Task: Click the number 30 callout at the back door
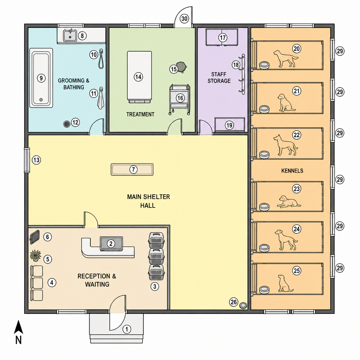(x=184, y=18)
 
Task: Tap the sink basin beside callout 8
(x=70, y=36)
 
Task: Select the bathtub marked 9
(x=41, y=78)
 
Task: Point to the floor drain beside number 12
(x=67, y=124)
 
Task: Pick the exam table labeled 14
(x=139, y=77)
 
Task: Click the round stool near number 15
(x=181, y=66)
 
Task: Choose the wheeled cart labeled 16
(x=180, y=99)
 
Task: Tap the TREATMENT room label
(x=140, y=114)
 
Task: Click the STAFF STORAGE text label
(x=219, y=78)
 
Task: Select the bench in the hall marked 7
(x=132, y=169)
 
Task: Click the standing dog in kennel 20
(x=285, y=59)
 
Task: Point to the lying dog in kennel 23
(x=289, y=201)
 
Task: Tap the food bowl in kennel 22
(x=264, y=155)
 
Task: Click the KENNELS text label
(x=292, y=171)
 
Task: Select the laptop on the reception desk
(x=111, y=243)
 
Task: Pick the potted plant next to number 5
(x=36, y=256)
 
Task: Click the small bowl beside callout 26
(x=243, y=306)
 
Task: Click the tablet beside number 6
(x=35, y=237)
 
